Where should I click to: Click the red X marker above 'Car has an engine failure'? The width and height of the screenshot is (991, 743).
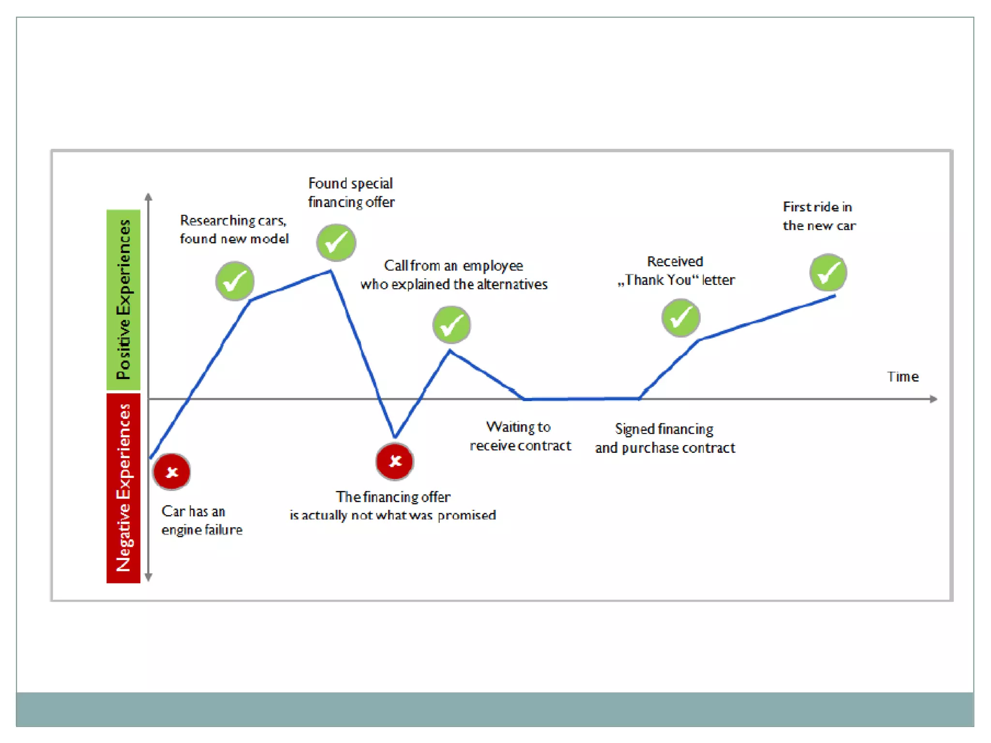(x=172, y=472)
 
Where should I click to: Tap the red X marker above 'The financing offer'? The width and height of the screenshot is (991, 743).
(x=395, y=461)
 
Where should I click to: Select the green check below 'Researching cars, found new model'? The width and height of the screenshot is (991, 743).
(x=235, y=281)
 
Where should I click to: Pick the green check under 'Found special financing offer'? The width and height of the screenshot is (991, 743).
(x=336, y=242)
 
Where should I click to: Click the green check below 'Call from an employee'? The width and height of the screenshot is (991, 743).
(x=451, y=325)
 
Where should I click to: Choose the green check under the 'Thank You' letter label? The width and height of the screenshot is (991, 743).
(x=680, y=318)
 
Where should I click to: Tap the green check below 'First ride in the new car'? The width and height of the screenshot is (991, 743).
(x=828, y=273)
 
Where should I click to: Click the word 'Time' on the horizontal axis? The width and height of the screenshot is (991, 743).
(x=902, y=377)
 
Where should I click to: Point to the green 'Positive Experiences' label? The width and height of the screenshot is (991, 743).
(x=123, y=300)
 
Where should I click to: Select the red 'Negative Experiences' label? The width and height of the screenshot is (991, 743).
(x=123, y=488)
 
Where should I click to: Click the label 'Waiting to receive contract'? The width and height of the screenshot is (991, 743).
(x=520, y=436)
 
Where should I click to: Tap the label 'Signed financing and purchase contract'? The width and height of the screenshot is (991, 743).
(x=665, y=438)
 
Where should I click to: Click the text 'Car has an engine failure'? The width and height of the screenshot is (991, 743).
(x=202, y=520)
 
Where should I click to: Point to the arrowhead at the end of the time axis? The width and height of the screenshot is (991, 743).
(x=934, y=399)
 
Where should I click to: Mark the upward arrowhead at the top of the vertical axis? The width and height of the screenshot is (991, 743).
(x=149, y=197)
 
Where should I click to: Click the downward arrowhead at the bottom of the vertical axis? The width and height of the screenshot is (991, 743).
(x=149, y=577)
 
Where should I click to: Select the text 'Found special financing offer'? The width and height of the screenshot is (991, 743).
(x=351, y=193)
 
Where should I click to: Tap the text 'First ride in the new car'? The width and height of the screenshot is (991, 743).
(x=819, y=216)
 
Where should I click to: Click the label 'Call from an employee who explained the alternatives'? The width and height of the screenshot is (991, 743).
(x=454, y=275)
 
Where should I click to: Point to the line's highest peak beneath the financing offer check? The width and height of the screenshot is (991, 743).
(x=331, y=271)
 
